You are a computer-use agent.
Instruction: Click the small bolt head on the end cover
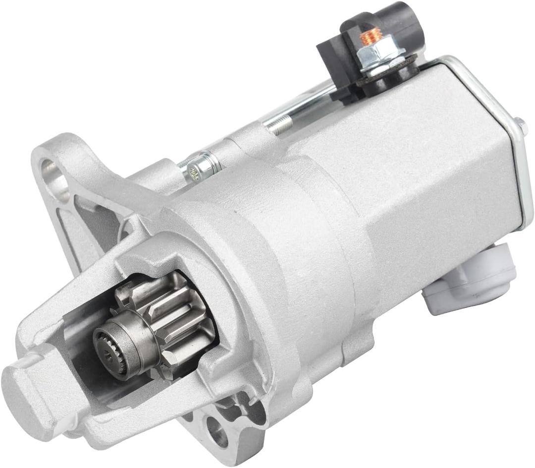tap(521, 125)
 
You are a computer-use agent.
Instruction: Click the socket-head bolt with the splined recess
tap(198, 169)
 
